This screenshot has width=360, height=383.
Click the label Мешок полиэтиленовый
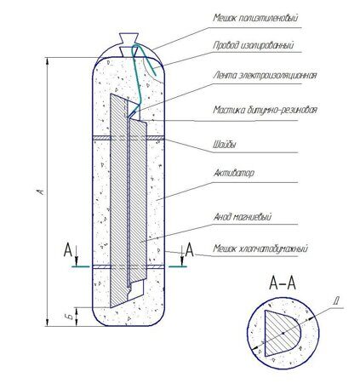(255, 18)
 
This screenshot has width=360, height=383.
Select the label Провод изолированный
(254, 45)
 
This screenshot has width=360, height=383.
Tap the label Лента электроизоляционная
(265, 76)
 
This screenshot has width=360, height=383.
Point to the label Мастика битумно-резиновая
(265, 110)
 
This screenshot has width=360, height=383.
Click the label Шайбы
(225, 145)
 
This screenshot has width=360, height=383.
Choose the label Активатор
(233, 173)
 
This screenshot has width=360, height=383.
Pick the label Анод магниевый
(243, 217)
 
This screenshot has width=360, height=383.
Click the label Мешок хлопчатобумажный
(260, 249)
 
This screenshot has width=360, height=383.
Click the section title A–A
(283, 283)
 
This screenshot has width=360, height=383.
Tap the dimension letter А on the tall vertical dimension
(42, 191)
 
